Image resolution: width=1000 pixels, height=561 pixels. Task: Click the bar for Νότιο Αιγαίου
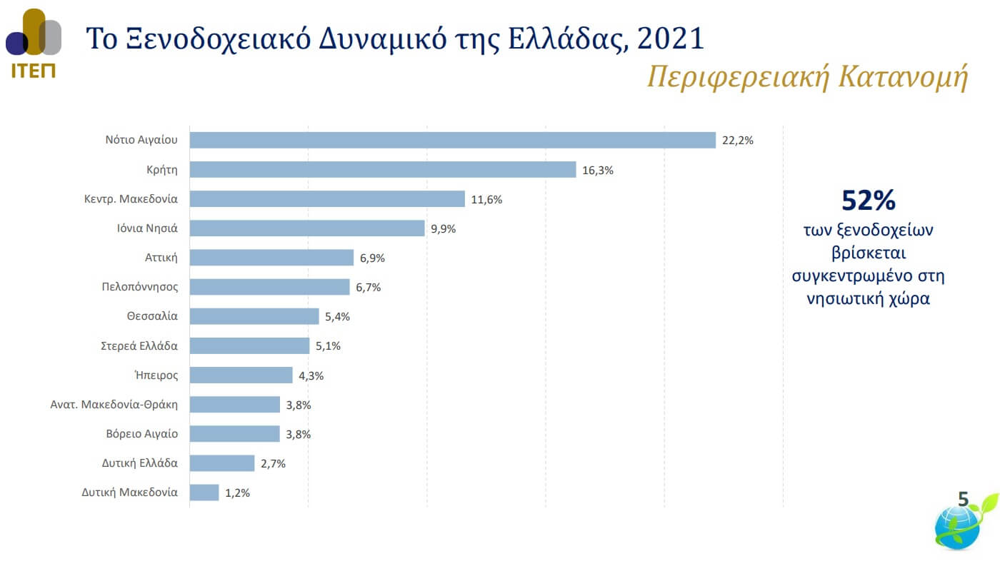pos(452,140)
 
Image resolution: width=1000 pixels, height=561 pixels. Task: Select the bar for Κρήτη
pos(382,169)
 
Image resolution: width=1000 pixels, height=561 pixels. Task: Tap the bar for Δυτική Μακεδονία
pos(204,492)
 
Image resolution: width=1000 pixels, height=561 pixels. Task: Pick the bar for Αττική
pos(271,258)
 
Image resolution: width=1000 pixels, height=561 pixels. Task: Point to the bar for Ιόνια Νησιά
pos(307,228)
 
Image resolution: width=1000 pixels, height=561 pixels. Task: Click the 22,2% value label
pos(738,141)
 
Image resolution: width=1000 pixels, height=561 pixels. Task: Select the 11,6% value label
pos(486,199)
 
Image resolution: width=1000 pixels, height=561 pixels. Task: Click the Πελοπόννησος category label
pos(140,287)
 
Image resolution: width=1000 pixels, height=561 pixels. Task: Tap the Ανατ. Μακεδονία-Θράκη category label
pos(114,405)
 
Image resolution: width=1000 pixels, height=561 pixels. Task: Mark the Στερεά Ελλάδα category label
pos(139,345)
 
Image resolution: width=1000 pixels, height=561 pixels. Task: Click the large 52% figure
pos(869,201)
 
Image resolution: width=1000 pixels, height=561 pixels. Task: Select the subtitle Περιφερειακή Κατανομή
pos(807,78)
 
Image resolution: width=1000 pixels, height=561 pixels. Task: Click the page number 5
pos(963,500)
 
